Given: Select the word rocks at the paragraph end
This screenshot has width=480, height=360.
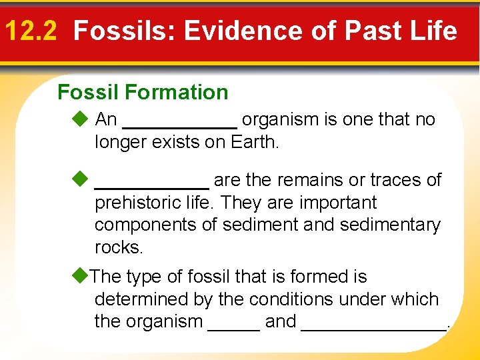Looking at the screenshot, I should click(x=118, y=247).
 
